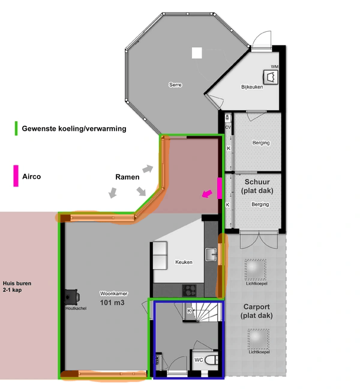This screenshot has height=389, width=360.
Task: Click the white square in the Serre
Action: point(197,53)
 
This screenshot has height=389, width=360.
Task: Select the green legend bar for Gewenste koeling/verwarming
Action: point(17,128)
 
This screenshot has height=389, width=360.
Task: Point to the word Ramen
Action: point(127,177)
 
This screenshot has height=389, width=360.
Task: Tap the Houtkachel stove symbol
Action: point(73,296)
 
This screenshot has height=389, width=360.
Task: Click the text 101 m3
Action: point(112,303)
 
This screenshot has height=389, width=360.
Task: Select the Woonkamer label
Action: point(112,294)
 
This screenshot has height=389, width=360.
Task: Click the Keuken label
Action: point(184,263)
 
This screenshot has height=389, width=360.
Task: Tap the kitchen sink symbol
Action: point(211,255)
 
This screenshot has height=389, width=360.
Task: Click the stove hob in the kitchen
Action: point(190,290)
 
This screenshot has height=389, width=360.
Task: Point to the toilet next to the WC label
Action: point(211,361)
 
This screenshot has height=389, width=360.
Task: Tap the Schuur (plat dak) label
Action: point(257,186)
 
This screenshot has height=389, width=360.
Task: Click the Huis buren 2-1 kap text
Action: point(16,287)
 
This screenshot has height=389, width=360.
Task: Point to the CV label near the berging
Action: point(228,128)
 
